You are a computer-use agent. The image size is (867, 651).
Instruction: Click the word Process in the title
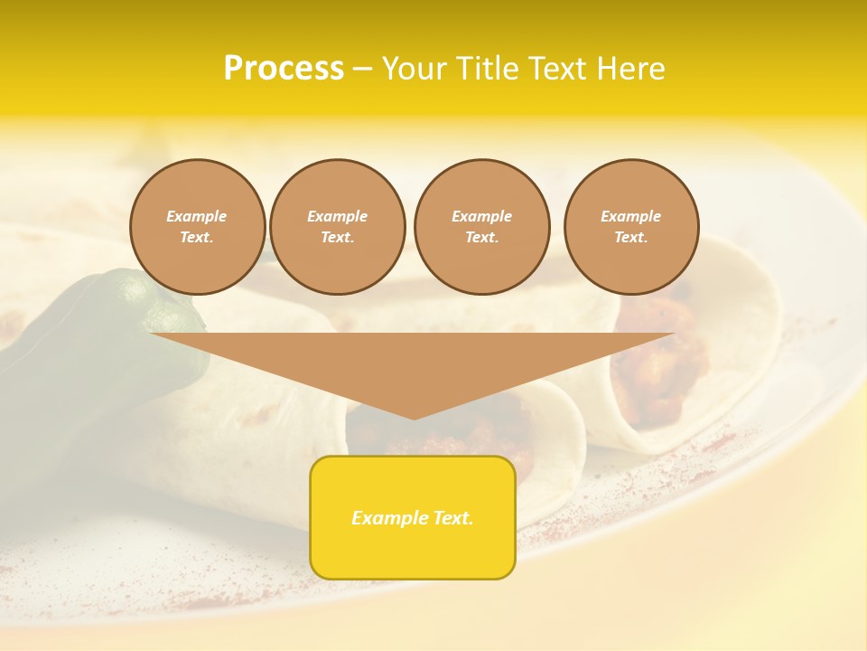point(284,69)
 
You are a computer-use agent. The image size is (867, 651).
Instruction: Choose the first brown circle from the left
point(197,227)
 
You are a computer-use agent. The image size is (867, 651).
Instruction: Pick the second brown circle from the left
point(337,227)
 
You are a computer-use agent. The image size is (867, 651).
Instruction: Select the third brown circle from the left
point(481,227)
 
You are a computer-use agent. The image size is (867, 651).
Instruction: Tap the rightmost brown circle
point(630,227)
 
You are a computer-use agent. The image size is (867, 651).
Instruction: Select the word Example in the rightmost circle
point(630,216)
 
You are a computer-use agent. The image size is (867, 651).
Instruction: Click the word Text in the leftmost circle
point(196,238)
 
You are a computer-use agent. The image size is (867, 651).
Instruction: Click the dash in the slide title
point(362,69)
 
